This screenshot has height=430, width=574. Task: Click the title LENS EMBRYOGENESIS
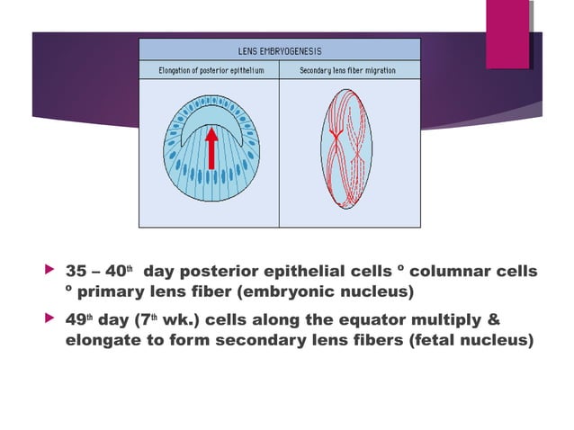coord(279,51)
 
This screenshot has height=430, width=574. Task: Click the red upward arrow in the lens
coord(211,148)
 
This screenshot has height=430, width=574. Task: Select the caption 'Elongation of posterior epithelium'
coord(209,70)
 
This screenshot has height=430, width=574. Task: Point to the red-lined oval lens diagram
coord(345,149)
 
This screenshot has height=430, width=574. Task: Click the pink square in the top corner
coord(507,33)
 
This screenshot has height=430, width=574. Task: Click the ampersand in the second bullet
coord(491,321)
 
